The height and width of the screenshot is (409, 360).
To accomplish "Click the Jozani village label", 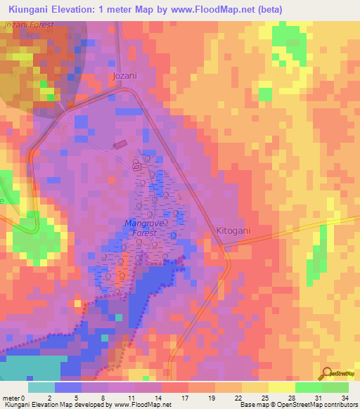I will tap(124, 75).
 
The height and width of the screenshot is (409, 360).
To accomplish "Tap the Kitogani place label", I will tap(233, 231).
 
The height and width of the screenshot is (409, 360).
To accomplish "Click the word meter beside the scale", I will tap(11, 398).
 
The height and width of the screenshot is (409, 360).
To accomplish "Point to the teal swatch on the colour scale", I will tap(41, 387).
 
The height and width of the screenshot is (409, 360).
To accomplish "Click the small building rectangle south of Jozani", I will tap(120, 144).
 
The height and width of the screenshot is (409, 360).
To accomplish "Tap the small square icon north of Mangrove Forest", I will tap(138, 169).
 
